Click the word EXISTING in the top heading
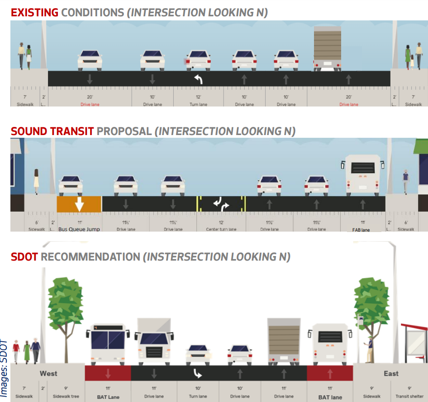pyautogui.click(x=35, y=12)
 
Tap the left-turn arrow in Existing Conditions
pyautogui.click(x=198, y=80)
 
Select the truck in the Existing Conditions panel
pyautogui.click(x=327, y=48)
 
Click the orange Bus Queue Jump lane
pyautogui.click(x=79, y=204)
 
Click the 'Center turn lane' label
pyautogui.click(x=221, y=229)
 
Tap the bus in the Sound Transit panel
pyautogui.click(x=363, y=175)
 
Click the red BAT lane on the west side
pyautogui.click(x=108, y=373)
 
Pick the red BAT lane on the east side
pyautogui.click(x=330, y=373)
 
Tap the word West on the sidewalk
pyautogui.click(x=48, y=373)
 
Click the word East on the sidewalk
pyautogui.click(x=391, y=373)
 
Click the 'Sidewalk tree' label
pyautogui.click(x=66, y=397)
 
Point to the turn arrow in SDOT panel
pyautogui.click(x=198, y=373)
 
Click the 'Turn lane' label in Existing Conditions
pyautogui.click(x=198, y=105)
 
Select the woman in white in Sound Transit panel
pyautogui.click(x=36, y=181)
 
